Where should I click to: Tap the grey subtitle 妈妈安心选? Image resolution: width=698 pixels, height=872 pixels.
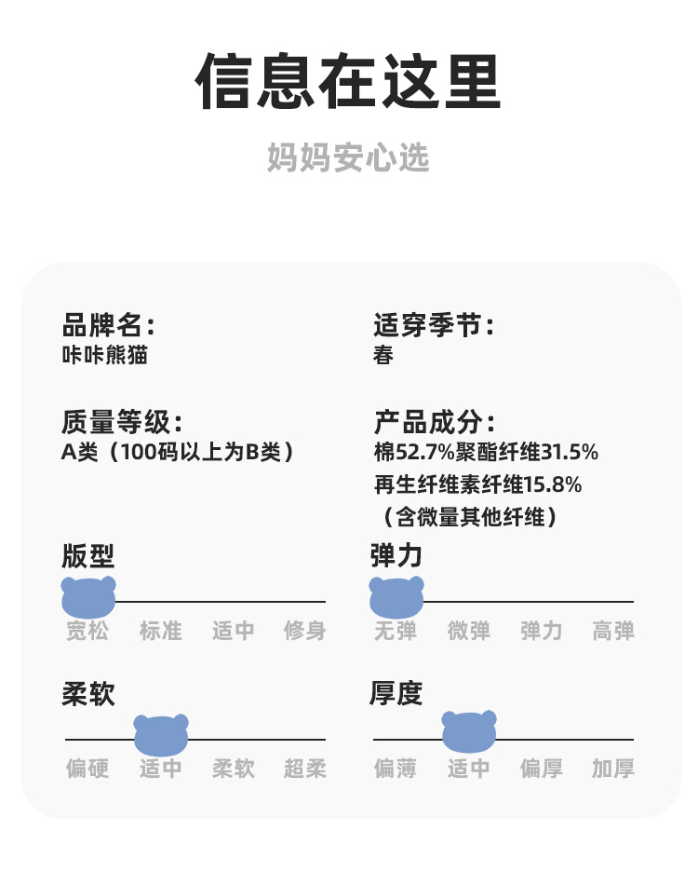pos(348,157)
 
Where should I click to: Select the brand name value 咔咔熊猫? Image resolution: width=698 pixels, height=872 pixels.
pos(104,355)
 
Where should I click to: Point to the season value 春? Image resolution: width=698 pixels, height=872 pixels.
pos(383,355)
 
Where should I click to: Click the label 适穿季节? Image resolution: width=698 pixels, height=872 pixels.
pos(433,325)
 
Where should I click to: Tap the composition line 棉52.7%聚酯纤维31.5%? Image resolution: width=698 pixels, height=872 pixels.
pos(485,453)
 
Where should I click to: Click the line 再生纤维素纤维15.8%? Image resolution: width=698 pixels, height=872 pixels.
pos(477,484)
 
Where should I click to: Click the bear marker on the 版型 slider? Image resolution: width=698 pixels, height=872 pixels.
pos(88,596)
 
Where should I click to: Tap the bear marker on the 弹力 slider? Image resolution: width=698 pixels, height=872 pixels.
pos(396,596)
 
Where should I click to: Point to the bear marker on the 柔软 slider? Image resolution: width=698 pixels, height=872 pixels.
pos(161,734)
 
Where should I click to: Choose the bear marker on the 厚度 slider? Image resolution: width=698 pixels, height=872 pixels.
pos(469,731)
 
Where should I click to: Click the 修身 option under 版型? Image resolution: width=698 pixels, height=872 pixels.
pos(305,631)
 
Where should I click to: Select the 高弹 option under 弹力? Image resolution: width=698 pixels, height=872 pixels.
pos(613,631)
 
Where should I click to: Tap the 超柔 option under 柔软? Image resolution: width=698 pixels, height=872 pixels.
pos(305,769)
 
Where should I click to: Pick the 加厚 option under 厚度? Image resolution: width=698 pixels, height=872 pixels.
pos(613,769)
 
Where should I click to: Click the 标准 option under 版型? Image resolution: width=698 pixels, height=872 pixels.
pos(161,631)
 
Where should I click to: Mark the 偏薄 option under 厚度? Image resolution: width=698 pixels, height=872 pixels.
pos(396,769)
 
